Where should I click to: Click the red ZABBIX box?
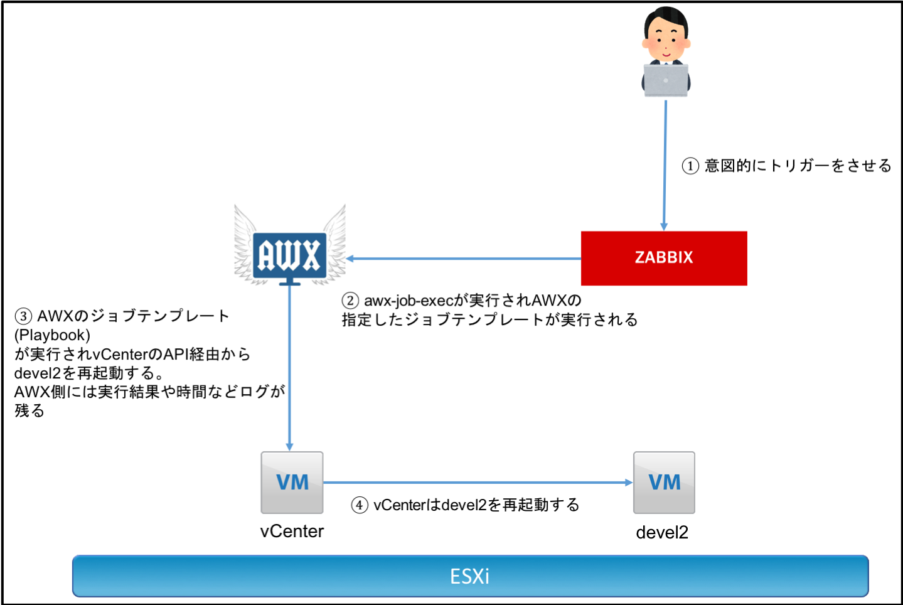pos(663,258)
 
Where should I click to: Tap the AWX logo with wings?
pos(289,255)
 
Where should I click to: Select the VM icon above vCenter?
pos(292,482)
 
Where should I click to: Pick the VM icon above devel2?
pos(664,482)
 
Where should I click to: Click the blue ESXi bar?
pos(470,576)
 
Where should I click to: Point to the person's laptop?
pos(665,80)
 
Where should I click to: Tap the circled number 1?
pos(690,166)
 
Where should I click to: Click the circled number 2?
pos(350,301)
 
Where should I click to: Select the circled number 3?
pos(23,316)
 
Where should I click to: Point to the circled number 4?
pos(360,505)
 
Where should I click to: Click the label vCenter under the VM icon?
pos(292,532)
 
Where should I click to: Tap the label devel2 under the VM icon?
pos(662,533)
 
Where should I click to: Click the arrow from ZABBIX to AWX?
pos(464,258)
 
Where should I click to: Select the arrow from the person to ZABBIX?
pos(665,163)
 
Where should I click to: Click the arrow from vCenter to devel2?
pos(477,483)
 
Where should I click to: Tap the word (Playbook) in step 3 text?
pos(52,335)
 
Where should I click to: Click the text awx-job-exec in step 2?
pos(409,301)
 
